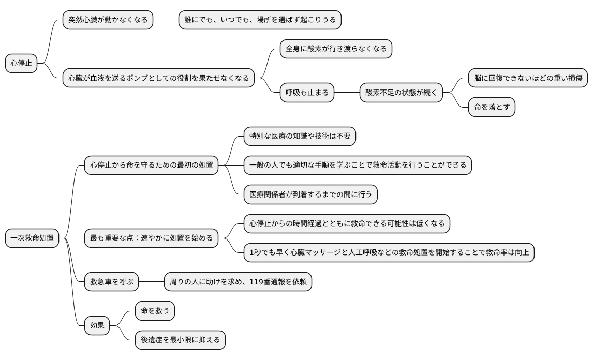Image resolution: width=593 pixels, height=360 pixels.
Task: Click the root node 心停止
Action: (x=21, y=64)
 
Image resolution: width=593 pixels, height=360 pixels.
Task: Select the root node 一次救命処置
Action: (x=32, y=238)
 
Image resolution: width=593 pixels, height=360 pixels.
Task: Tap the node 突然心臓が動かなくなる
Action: (x=108, y=20)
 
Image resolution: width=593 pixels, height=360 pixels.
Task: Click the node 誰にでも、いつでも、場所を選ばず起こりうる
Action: (x=260, y=20)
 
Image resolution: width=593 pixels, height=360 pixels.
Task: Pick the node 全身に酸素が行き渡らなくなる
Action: (x=336, y=49)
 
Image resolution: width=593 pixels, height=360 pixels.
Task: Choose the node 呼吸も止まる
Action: (x=307, y=93)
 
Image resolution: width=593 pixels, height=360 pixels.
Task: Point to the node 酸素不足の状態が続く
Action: (x=401, y=93)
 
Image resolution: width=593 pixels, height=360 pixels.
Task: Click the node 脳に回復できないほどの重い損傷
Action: (x=528, y=79)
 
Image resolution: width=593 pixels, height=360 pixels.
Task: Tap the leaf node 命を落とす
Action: (x=492, y=108)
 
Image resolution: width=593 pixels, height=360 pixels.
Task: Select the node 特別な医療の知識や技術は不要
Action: (x=300, y=137)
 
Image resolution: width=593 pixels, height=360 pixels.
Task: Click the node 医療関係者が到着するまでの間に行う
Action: (x=310, y=194)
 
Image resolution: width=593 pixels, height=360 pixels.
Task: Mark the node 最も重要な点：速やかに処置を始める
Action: (x=151, y=238)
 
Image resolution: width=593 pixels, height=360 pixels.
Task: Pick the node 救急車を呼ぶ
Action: (x=112, y=282)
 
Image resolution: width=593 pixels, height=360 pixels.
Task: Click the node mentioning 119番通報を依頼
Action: (x=238, y=282)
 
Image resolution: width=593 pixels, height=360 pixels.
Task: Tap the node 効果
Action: (x=97, y=326)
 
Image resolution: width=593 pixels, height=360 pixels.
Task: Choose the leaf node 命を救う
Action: (x=155, y=311)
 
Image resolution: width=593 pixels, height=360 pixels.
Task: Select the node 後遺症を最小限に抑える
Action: (x=180, y=340)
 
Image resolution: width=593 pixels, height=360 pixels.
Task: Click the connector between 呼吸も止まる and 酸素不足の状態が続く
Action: (x=347, y=93)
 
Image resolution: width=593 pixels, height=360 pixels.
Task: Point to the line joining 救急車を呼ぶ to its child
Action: (x=152, y=282)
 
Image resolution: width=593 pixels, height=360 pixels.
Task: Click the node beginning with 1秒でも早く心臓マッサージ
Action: (x=389, y=253)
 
